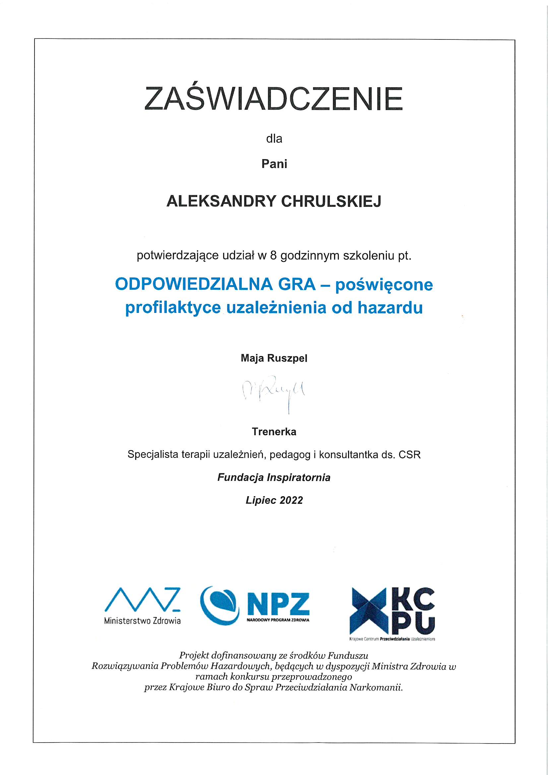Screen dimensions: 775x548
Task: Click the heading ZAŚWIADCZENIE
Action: (274, 99)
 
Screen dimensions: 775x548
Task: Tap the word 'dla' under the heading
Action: (274, 139)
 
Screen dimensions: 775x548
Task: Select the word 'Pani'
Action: (274, 164)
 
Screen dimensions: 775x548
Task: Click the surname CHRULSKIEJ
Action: (331, 202)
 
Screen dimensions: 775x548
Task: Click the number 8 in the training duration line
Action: (273, 256)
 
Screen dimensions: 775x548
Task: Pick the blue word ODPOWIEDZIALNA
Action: (194, 284)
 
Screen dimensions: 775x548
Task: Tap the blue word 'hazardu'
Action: (390, 308)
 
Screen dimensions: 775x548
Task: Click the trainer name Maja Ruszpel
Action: (274, 358)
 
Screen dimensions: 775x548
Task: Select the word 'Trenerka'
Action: (274, 432)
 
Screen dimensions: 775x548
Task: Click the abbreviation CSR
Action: (409, 455)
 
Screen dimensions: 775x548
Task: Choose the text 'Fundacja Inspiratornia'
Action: (274, 478)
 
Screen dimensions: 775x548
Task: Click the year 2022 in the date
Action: (291, 500)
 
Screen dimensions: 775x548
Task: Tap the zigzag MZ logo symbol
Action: (142, 600)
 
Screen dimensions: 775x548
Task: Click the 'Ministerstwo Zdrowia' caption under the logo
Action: (142, 621)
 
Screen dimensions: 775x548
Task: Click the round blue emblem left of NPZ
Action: (219, 605)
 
